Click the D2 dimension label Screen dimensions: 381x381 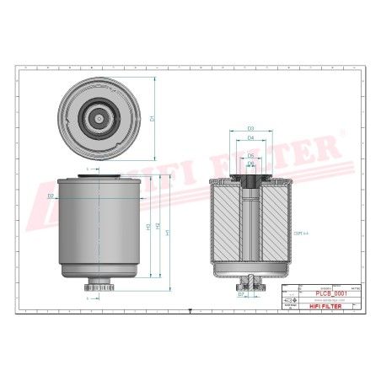[x=51, y=197]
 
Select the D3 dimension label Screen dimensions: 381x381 [x=251, y=128]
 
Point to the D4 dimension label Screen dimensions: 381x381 [x=251, y=138]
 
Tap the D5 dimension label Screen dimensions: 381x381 [x=251, y=157]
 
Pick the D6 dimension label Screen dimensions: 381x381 [x=251, y=164]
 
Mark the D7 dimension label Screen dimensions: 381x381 [x=240, y=295]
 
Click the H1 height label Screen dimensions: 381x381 [x=148, y=228]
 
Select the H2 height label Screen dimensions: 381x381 [x=160, y=228]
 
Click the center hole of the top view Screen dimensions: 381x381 [x=99, y=120]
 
